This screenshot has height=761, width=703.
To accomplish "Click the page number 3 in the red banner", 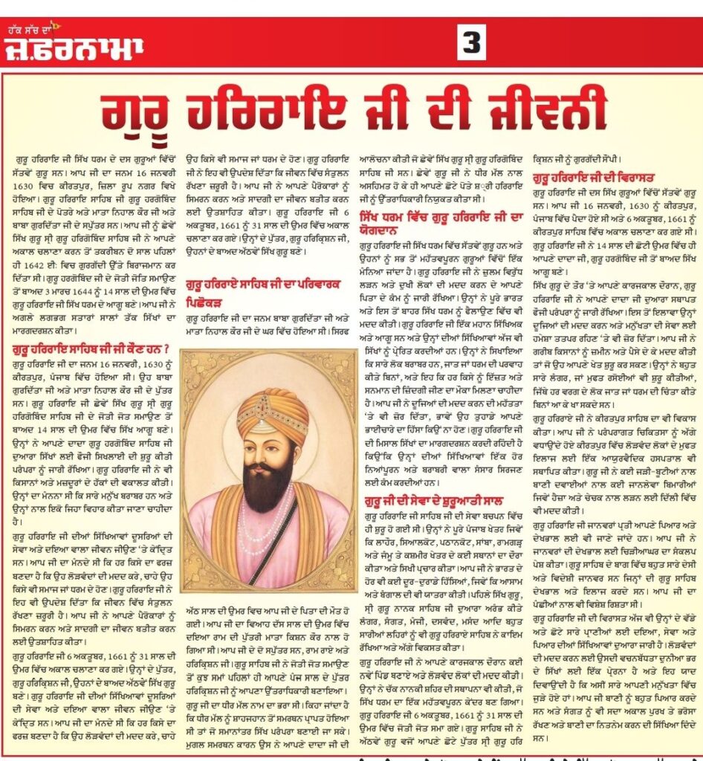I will click(471, 45).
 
